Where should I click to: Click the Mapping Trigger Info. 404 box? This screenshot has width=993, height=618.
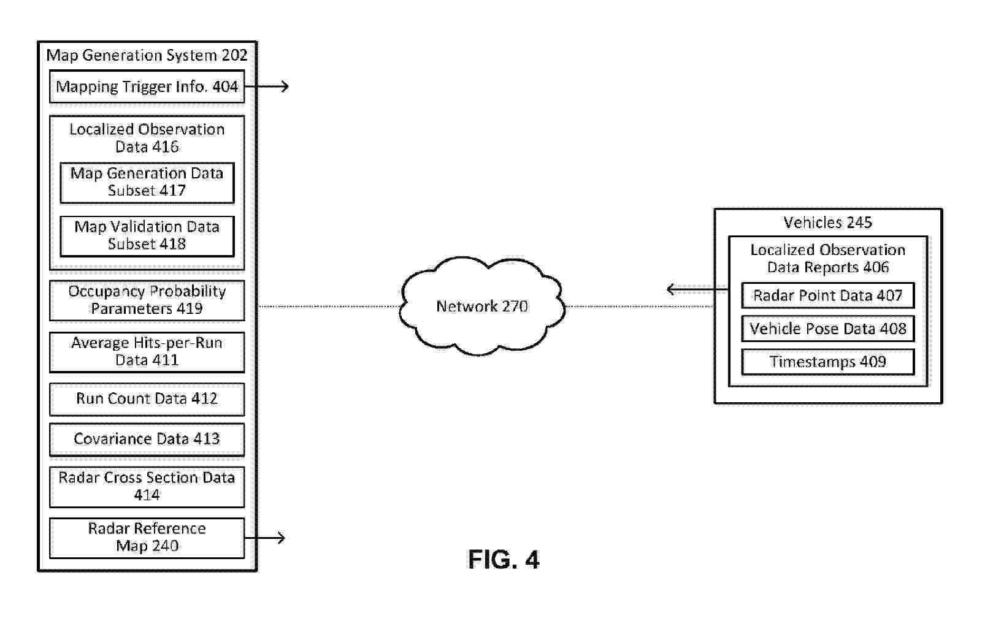tap(147, 86)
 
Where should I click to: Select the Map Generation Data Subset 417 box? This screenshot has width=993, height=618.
tap(147, 182)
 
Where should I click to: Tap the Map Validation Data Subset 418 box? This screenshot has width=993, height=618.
tap(147, 235)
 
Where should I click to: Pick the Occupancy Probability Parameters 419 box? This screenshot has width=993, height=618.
tap(147, 300)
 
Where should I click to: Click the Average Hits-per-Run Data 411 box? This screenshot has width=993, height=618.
tap(147, 351)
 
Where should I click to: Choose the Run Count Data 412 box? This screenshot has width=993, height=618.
tap(147, 399)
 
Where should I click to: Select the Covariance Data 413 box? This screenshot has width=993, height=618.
tap(147, 439)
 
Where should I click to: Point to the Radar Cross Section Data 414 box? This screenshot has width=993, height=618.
tap(147, 486)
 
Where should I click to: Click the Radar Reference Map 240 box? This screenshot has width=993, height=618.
tap(147, 538)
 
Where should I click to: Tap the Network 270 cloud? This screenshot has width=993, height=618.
tap(482, 306)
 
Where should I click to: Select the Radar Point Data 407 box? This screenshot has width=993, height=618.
tap(827, 296)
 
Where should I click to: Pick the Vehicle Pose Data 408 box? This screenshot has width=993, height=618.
tap(827, 329)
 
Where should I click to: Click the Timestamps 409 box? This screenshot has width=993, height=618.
tap(827, 362)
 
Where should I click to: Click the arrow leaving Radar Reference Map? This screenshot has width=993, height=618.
tap(267, 538)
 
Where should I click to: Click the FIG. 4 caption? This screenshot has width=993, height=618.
tap(504, 560)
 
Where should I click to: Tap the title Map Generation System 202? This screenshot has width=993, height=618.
tap(147, 55)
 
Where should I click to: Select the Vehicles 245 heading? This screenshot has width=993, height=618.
tap(827, 223)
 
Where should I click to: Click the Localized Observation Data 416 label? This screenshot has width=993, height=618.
tap(147, 138)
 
